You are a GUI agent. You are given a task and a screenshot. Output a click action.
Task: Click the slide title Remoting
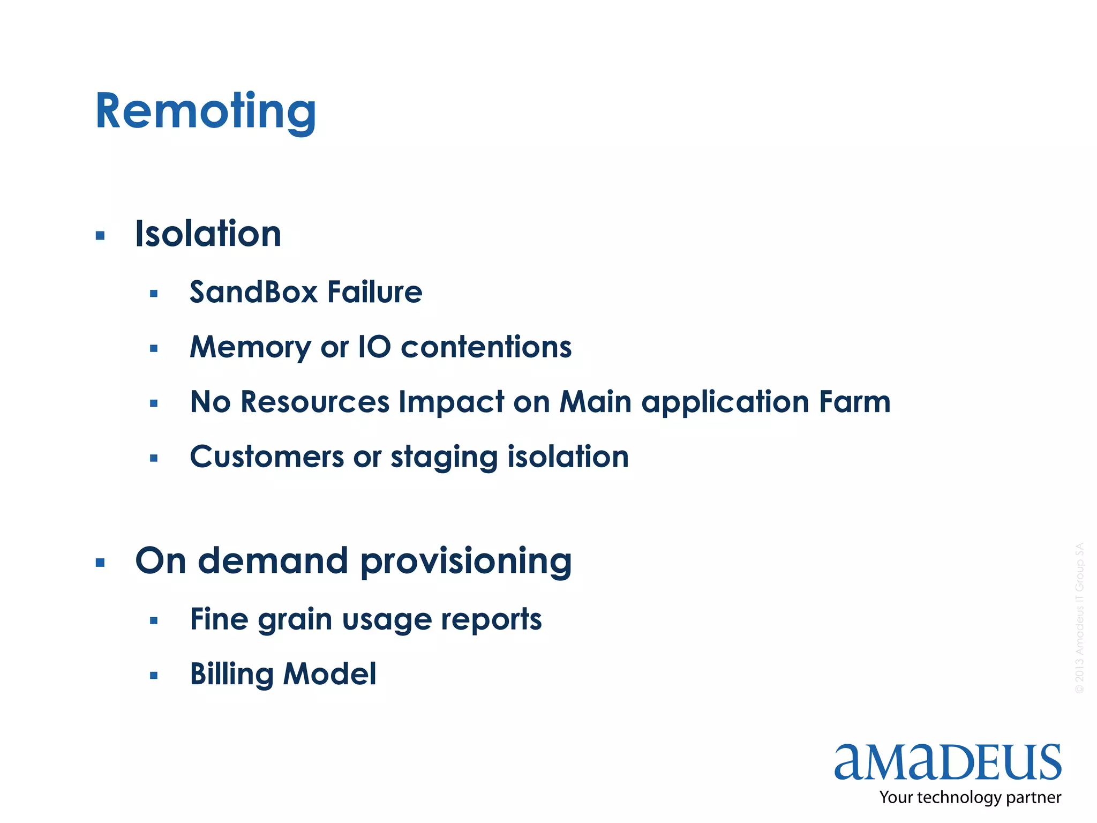206,111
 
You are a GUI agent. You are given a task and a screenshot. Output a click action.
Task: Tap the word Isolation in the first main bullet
208,234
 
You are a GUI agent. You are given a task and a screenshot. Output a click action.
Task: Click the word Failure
375,293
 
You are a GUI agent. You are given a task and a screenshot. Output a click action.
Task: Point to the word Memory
250,348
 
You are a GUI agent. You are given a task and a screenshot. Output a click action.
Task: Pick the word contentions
486,347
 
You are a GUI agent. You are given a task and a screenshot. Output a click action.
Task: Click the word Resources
315,402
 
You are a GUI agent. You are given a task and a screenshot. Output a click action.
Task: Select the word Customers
267,457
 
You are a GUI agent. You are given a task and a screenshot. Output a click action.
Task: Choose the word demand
273,561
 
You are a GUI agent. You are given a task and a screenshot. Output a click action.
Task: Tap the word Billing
232,675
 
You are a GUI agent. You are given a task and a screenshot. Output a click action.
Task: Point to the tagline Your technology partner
970,798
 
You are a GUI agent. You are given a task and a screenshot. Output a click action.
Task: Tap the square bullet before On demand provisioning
100,563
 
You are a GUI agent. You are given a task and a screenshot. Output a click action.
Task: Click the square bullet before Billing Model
154,676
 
